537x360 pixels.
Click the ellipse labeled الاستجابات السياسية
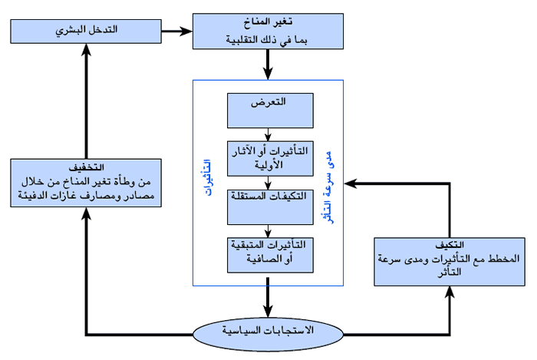[x=268, y=332]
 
